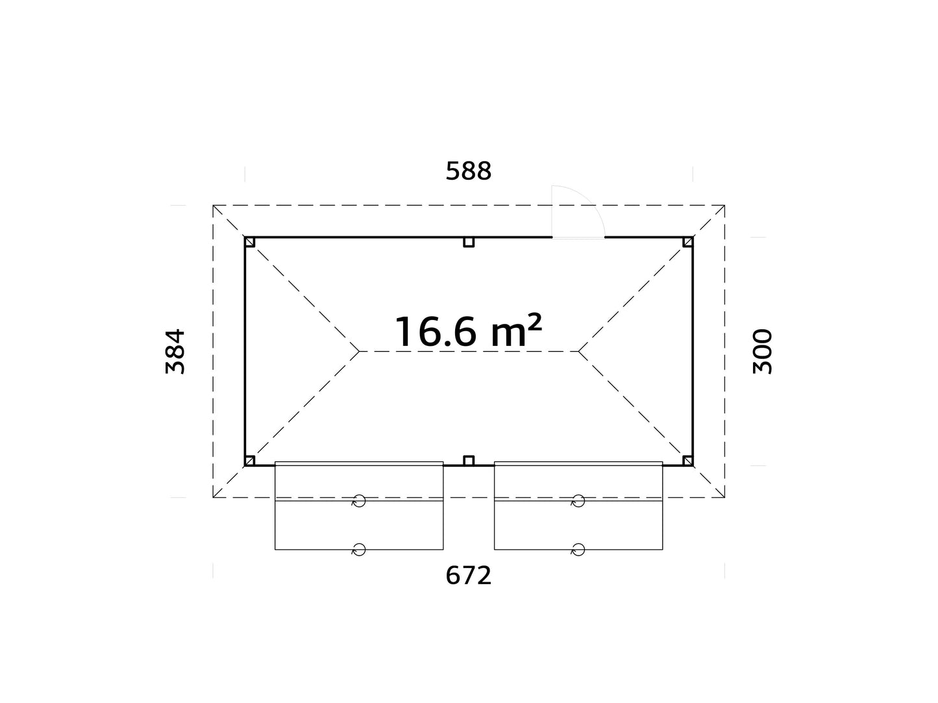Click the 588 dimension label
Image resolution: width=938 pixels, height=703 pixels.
tap(469, 171)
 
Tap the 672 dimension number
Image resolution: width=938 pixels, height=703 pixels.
tap(469, 575)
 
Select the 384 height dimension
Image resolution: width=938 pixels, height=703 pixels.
tap(175, 351)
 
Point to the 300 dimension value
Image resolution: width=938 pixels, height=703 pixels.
tap(762, 351)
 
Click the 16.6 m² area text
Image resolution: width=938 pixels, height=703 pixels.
tap(469, 331)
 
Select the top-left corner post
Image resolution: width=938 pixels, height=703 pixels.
tap(250, 242)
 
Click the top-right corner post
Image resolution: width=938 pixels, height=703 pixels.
tap(687, 242)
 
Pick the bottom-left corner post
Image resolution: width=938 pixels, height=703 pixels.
tap(250, 461)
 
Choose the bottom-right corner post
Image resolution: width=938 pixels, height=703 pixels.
tap(687, 461)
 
